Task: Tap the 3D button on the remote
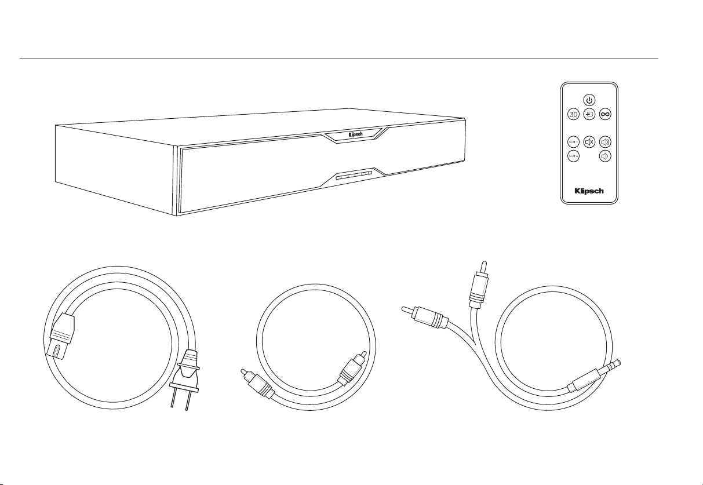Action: (573, 114)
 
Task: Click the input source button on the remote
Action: (589, 114)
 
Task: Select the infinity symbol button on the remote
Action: (605, 114)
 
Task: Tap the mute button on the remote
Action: (589, 141)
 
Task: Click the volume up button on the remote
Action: (605, 141)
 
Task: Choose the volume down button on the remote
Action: (605, 156)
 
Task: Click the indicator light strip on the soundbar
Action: (353, 174)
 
